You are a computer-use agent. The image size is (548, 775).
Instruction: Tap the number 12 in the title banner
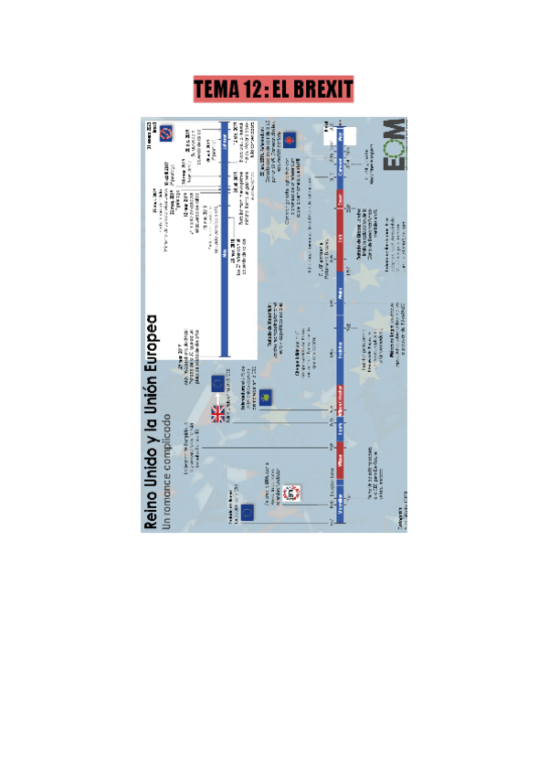[253, 90]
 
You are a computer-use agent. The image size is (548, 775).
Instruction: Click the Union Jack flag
[220, 414]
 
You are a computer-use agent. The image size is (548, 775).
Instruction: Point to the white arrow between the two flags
[219, 398]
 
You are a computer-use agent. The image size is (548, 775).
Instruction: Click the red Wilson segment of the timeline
[340, 466]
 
